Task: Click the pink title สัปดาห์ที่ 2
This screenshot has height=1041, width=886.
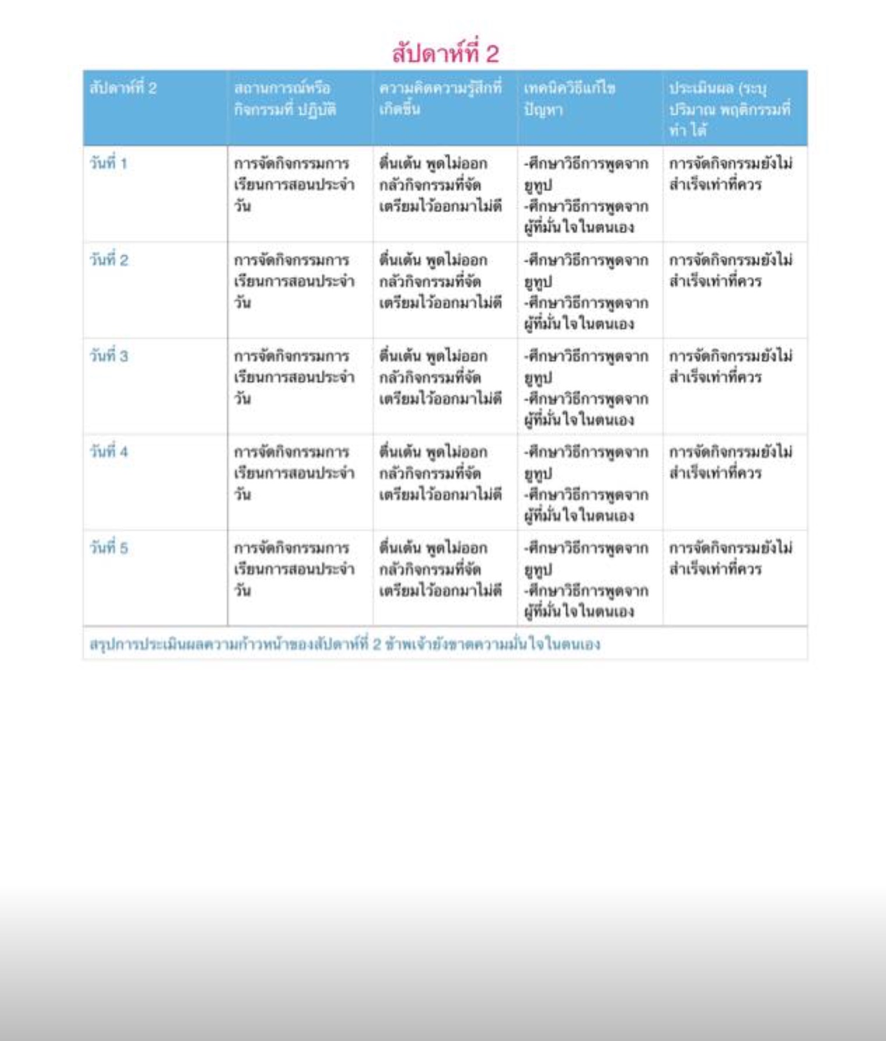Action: click(x=445, y=54)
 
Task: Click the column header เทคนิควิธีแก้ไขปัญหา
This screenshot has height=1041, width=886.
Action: click(x=569, y=98)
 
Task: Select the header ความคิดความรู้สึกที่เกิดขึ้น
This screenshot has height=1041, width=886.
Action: click(x=440, y=98)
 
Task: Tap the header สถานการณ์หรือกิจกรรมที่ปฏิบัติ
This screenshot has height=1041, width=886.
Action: click(x=285, y=98)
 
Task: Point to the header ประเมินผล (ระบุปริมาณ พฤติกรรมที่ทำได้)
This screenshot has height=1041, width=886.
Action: click(x=730, y=109)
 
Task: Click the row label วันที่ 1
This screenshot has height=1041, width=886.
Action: click(x=108, y=163)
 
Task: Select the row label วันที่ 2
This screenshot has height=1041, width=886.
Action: click(x=108, y=260)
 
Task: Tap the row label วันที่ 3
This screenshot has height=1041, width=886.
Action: click(x=108, y=356)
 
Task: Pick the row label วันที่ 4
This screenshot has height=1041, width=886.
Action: click(x=108, y=452)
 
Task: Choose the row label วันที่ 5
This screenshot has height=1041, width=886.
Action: click(x=108, y=548)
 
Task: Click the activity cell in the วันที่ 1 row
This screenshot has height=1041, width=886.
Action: click(x=294, y=184)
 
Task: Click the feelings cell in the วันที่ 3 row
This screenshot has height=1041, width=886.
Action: click(x=440, y=377)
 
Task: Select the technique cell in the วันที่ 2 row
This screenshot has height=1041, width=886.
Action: click(x=585, y=292)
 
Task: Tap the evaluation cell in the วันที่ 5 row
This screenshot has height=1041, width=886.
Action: click(x=730, y=558)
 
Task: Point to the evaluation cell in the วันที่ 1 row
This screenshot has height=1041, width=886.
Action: click(x=730, y=174)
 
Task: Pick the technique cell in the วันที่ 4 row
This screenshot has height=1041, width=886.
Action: click(x=585, y=484)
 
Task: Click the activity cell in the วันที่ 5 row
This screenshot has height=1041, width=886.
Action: click(x=294, y=569)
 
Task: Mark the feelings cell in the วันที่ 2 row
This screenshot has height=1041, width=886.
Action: click(x=440, y=281)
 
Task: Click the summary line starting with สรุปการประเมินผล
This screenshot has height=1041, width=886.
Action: click(x=345, y=644)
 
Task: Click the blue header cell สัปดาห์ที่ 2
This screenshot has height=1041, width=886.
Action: click(x=123, y=88)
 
